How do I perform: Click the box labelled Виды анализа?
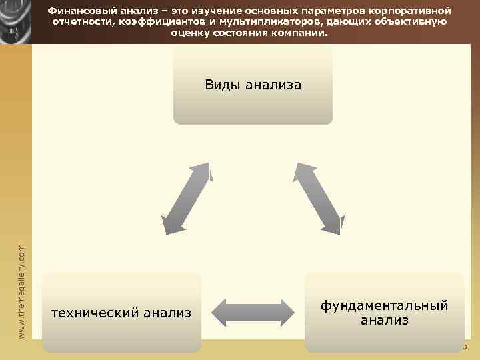coord(253,85)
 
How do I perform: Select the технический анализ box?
coord(121,312)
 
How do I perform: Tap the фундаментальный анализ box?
coord(385,312)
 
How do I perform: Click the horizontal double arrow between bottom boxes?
coord(253,312)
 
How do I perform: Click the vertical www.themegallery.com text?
coord(22,289)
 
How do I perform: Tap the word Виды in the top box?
coord(223,85)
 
